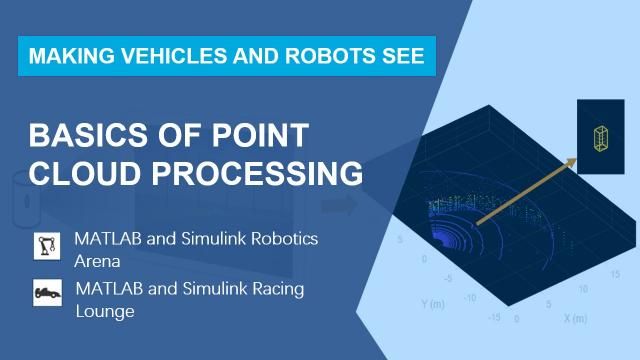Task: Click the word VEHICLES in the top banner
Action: [157, 56]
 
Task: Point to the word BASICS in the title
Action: [84, 136]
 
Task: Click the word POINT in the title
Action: [257, 136]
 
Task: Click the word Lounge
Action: [105, 310]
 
